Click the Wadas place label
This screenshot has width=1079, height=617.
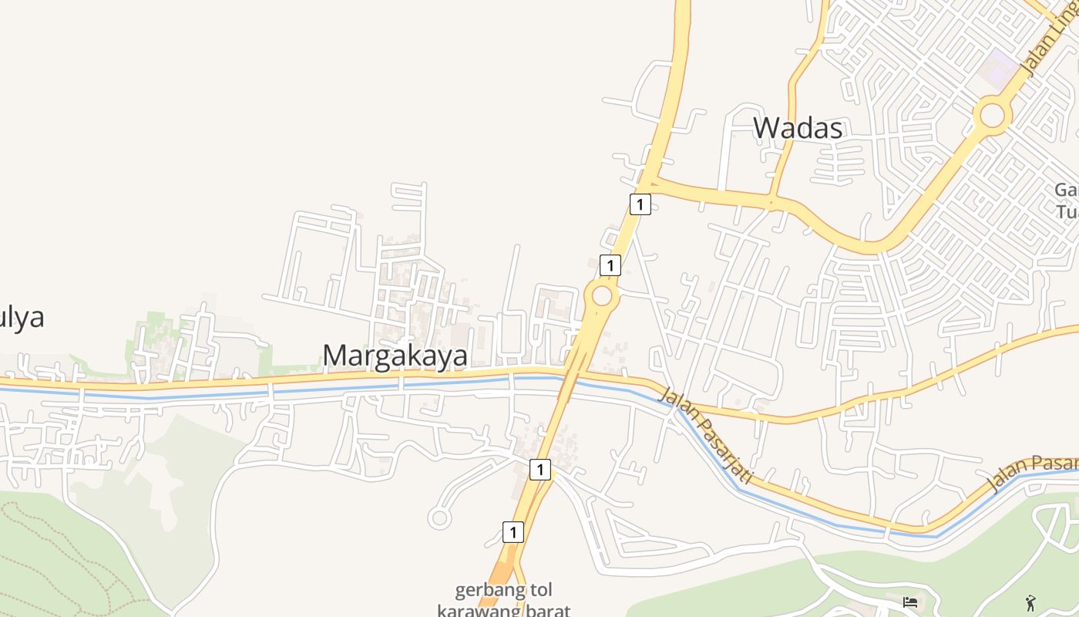tap(798, 128)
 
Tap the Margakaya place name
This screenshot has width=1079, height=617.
tap(395, 356)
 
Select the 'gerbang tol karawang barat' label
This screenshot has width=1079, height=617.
tap(504, 601)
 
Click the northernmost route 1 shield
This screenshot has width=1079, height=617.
tap(640, 204)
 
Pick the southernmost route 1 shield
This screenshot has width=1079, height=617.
tap(513, 531)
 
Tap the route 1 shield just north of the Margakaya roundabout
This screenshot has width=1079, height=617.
tap(610, 265)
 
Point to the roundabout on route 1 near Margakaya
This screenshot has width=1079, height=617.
tap(601, 295)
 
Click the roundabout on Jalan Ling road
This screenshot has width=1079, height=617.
tap(993, 116)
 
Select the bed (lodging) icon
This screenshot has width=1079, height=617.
tap(910, 602)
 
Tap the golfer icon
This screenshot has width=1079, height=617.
tap(1031, 602)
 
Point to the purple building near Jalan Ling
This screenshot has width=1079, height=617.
tap(1000, 68)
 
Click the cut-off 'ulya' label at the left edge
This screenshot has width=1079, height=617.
tap(22, 317)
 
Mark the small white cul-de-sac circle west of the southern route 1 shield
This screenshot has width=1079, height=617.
tap(439, 518)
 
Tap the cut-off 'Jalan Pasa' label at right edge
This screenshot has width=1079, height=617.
tap(1033, 472)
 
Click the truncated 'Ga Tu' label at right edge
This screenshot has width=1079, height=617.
tap(1067, 201)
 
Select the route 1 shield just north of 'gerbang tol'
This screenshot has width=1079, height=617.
tap(513, 531)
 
